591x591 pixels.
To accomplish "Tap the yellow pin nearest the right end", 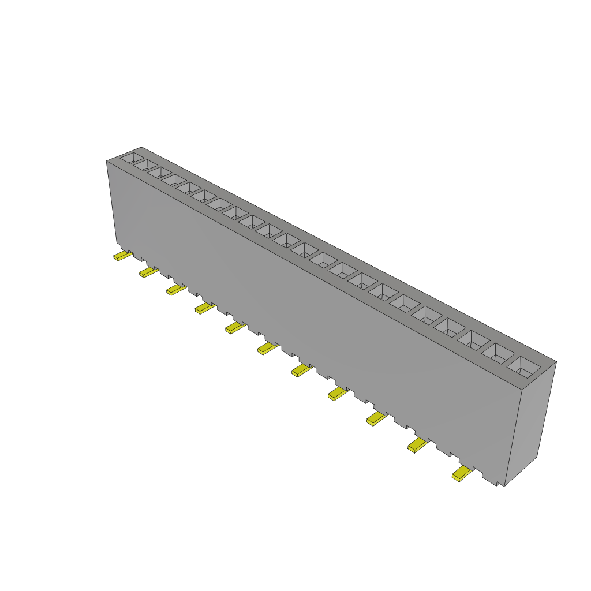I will (x=462, y=475).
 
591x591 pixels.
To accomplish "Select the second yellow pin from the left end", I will (x=148, y=272).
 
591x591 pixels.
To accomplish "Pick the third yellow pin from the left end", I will (x=175, y=290).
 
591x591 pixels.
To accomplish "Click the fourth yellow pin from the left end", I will (x=204, y=308).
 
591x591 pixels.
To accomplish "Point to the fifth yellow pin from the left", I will (x=234, y=328).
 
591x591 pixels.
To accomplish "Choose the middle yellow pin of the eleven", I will (x=267, y=348).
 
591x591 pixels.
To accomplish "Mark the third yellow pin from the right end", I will (x=376, y=419).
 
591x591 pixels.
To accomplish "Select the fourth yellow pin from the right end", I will (x=337, y=394).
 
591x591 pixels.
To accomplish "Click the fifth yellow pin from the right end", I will (x=301, y=371).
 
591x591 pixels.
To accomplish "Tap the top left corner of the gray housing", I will (x=107, y=161).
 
